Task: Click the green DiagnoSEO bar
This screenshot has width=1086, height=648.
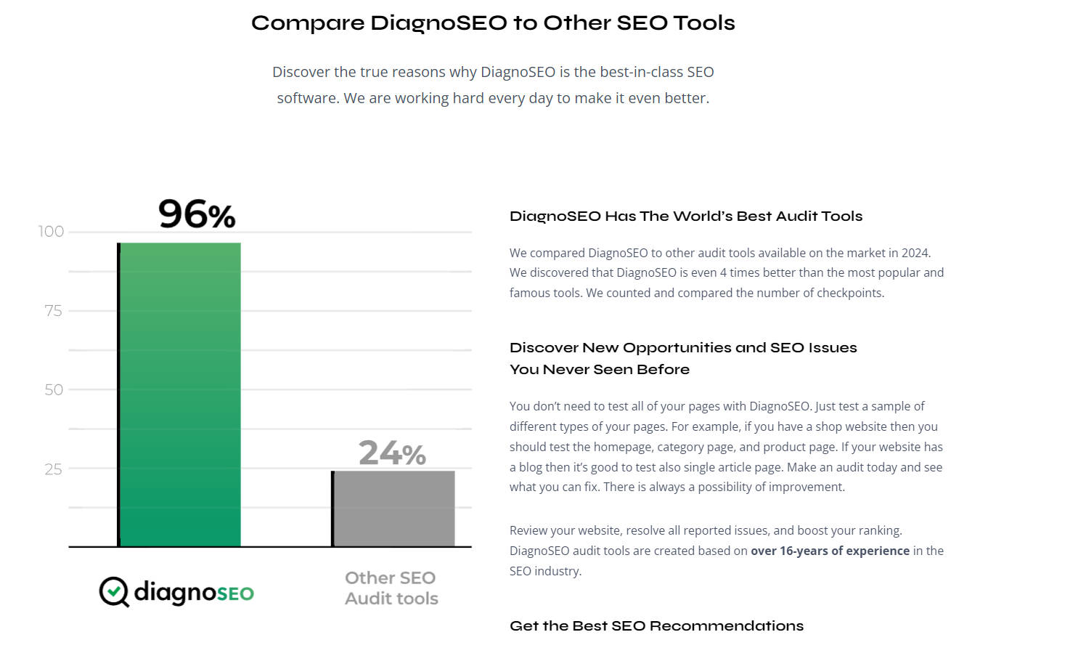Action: click(179, 394)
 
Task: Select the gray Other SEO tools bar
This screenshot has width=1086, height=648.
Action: click(393, 509)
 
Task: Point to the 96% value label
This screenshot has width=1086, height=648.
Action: click(197, 214)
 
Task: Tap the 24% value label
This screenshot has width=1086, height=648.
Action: click(392, 453)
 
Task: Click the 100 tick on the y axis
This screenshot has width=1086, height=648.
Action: click(51, 232)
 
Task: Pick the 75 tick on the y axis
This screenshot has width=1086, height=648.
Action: click(53, 311)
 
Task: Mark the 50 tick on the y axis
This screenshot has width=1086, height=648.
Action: click(54, 390)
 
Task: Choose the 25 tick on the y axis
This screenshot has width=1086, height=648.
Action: click(53, 469)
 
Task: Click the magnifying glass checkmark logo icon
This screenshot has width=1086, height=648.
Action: click(114, 592)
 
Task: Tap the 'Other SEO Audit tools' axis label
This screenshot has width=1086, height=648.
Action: click(391, 588)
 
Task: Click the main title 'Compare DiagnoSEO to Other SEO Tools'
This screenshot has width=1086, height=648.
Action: click(493, 23)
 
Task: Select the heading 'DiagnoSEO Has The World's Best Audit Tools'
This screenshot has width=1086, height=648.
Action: click(686, 216)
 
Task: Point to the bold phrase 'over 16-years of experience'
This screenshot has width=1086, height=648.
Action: click(830, 551)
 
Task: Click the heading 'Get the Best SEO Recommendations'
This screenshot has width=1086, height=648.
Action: click(656, 626)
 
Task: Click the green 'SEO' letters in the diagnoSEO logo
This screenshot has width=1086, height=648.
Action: click(235, 594)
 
